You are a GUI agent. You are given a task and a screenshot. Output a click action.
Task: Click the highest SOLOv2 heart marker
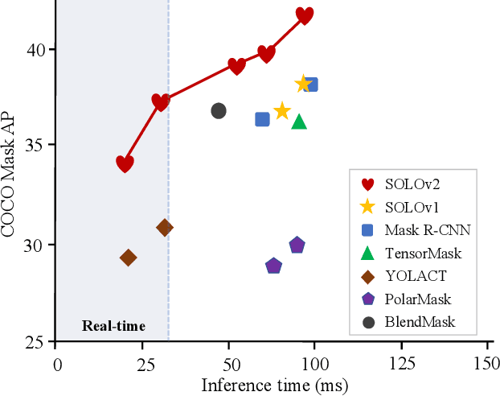(304, 15)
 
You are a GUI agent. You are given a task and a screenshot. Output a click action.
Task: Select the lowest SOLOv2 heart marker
(125, 163)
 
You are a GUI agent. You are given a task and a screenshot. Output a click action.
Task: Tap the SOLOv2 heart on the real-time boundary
(161, 102)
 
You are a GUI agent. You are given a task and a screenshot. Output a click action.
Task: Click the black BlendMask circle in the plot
(219, 111)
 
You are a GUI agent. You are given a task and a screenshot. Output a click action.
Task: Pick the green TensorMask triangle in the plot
(299, 122)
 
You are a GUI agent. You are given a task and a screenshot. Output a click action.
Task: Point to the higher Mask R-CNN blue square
(310, 85)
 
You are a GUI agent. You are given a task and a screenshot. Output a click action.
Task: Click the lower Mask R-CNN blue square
(262, 119)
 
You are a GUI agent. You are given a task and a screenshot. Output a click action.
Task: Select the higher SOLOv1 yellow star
(303, 84)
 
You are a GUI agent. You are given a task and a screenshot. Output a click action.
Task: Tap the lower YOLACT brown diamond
(128, 258)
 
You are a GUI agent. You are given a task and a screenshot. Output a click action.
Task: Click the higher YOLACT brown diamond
(164, 228)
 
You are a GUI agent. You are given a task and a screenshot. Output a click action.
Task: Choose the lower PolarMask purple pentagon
(273, 266)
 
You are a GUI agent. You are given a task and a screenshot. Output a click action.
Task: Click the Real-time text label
(113, 326)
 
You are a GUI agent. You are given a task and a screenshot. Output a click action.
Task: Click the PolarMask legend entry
(416, 299)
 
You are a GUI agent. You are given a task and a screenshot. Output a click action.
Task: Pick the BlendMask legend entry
(418, 322)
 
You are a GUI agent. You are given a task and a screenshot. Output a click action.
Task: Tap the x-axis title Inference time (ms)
(273, 385)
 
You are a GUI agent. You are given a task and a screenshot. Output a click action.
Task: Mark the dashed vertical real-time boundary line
(168, 241)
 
